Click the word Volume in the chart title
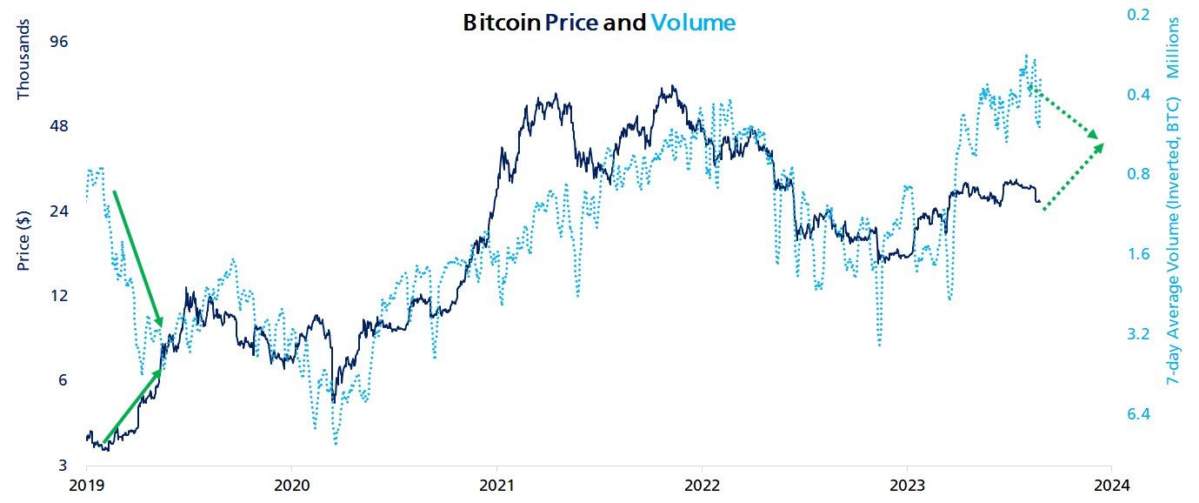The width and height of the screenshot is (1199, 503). point(693,23)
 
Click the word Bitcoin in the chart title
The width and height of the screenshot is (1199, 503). point(501,23)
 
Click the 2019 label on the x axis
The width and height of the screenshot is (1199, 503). point(86,485)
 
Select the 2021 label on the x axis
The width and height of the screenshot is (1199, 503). point(496,485)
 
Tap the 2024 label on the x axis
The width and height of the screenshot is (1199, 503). point(1110,485)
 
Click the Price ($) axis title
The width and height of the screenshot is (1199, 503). point(24,238)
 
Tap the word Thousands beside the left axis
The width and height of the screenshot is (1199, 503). point(24,58)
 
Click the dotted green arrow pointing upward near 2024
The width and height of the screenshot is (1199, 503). point(1073,177)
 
